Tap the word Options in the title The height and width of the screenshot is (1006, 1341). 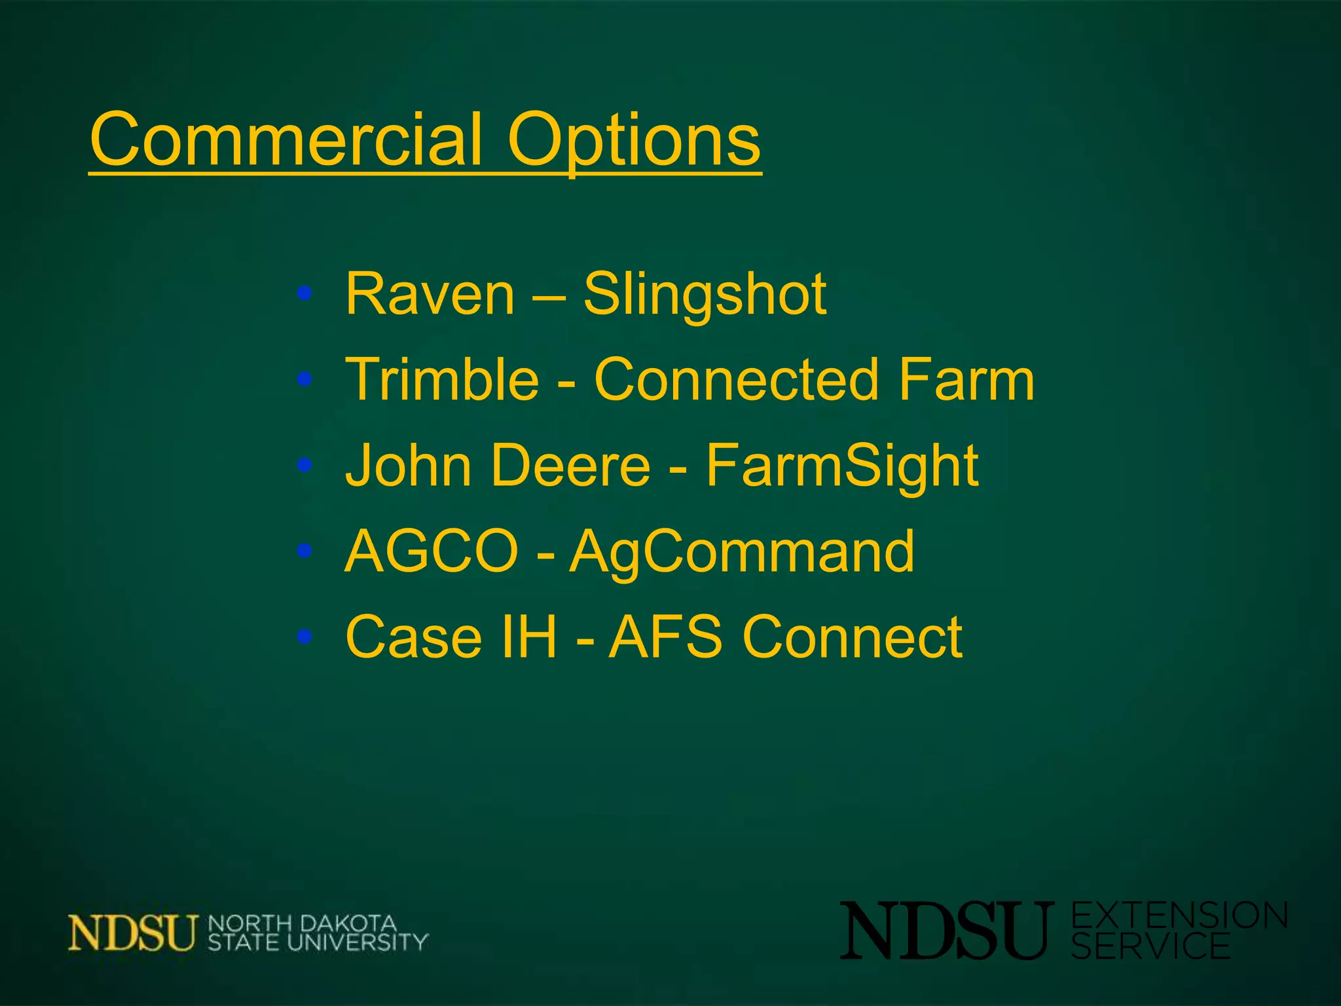tap(634, 140)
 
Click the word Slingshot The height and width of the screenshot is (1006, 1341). tap(705, 295)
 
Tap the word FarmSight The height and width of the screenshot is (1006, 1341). tap(842, 466)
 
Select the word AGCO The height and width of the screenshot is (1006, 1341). tap(432, 551)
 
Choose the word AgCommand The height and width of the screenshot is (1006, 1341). tap(741, 551)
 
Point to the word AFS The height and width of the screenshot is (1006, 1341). tap(665, 637)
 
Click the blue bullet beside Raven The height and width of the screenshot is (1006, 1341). tap(304, 293)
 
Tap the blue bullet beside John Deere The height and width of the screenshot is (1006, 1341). tap(304, 465)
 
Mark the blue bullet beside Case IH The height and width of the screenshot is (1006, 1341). tap(304, 636)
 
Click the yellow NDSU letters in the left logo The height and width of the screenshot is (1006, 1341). tap(132, 932)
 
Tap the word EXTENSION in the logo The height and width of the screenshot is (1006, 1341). tap(1179, 916)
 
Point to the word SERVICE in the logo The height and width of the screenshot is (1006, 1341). tap(1150, 946)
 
